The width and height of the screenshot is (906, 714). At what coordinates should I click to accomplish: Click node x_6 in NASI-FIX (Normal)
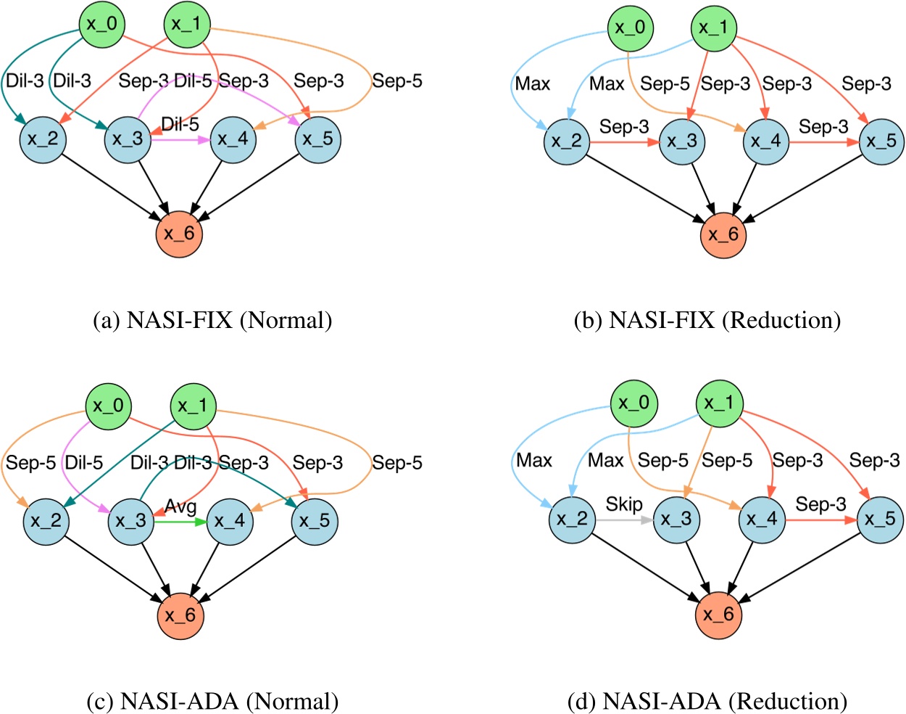tap(179, 234)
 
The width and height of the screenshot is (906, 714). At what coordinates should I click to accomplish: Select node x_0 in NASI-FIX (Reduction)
tap(630, 28)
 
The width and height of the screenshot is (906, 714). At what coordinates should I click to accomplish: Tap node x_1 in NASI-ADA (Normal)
tap(193, 406)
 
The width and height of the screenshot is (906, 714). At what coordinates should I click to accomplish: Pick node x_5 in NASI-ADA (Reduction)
tap(880, 519)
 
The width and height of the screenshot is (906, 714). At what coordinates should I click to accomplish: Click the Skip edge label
tap(624, 504)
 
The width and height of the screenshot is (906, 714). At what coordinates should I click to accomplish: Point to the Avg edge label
tap(180, 506)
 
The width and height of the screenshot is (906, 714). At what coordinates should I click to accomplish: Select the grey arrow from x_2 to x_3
tap(624, 520)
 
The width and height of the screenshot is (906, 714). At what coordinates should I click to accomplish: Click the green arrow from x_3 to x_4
tap(180, 520)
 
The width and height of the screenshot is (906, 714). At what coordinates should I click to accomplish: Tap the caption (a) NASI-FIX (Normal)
tap(212, 320)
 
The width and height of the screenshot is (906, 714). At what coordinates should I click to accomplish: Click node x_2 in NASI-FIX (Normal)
tap(43, 139)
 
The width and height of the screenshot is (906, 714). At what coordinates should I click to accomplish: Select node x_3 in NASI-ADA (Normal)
tap(131, 521)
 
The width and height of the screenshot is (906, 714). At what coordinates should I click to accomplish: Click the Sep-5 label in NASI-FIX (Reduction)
tap(665, 84)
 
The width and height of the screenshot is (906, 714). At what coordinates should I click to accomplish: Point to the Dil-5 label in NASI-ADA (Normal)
tap(84, 462)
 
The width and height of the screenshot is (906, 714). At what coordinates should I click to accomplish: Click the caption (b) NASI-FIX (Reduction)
tap(707, 320)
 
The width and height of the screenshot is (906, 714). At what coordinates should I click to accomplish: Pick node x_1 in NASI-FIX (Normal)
tap(187, 24)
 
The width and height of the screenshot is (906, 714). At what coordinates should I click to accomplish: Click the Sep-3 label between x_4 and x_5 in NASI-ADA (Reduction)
tap(820, 504)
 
